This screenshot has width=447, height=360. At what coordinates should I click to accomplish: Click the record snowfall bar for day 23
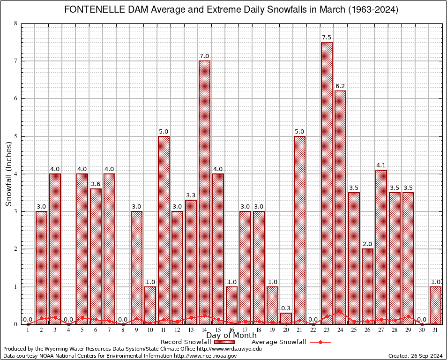point(327,183)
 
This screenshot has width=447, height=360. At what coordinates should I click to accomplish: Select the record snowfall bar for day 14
point(204,192)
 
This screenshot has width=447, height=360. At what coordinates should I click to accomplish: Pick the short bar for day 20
point(286,318)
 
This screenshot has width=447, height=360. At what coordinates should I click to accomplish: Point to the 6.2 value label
point(340,86)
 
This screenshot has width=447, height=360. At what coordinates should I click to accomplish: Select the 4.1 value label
point(381,165)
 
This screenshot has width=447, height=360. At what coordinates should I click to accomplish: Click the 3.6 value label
point(96,184)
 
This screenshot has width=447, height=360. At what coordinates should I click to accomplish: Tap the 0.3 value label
point(286,308)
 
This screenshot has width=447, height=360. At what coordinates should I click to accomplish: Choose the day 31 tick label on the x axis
point(435,330)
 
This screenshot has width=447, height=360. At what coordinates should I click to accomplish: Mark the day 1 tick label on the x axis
point(28,330)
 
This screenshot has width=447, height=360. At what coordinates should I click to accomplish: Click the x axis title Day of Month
point(231,335)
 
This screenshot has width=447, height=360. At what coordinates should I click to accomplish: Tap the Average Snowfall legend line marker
point(320,342)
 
